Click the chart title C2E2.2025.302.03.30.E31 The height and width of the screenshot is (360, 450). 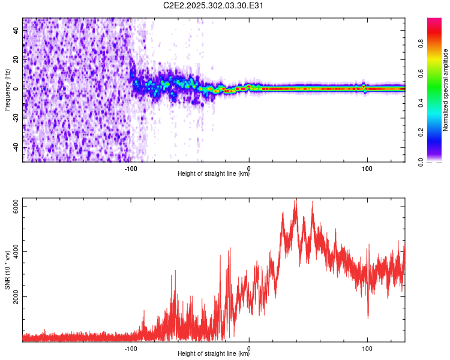tap(214, 6)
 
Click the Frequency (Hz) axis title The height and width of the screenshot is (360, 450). tap(7, 90)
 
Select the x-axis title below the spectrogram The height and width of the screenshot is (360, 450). tap(214, 174)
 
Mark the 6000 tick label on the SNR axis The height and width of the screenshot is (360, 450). tap(17, 206)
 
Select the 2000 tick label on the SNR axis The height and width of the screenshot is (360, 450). tap(17, 296)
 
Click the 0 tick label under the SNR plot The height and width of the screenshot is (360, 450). tap(249, 347)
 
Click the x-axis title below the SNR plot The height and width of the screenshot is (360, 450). tap(214, 354)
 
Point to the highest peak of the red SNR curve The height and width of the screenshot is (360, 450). tap(295, 200)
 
